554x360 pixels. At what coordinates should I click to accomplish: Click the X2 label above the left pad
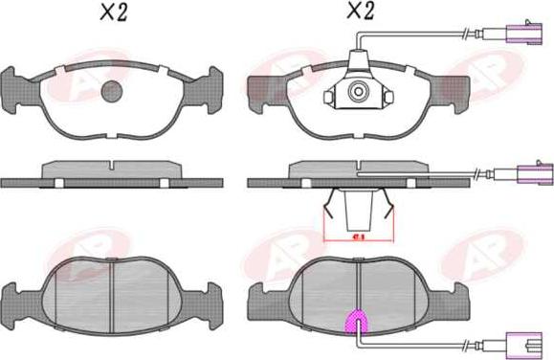pos(114,13)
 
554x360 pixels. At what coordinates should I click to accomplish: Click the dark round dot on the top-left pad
pos(113,92)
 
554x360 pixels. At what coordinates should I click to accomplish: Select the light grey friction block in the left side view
pos(113,168)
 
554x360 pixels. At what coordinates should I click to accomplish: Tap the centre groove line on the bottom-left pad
pos(113,297)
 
